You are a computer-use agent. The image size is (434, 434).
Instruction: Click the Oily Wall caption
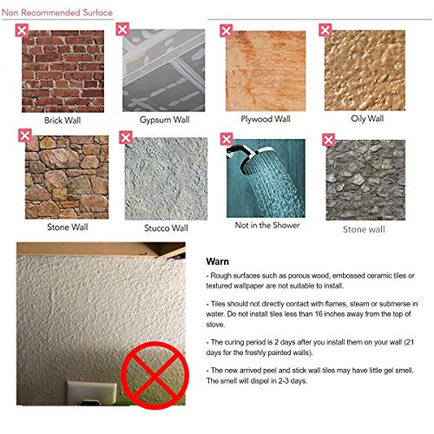[365, 118]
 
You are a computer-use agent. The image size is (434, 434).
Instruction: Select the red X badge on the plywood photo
[227, 31]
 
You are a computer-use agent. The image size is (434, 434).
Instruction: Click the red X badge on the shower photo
[227, 139]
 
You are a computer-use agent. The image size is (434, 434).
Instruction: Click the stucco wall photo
[166, 178]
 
